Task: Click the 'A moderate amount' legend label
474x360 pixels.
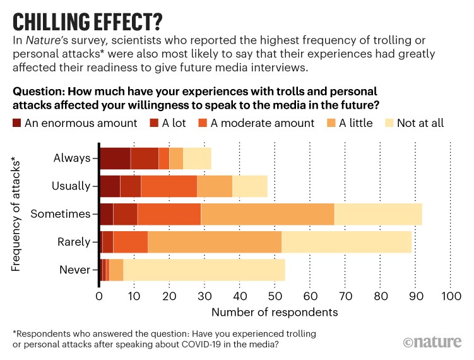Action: [x=265, y=123]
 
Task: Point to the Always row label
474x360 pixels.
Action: [x=72, y=158]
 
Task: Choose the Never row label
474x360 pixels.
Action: [x=74, y=270]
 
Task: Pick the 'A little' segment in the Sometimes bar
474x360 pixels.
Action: [x=267, y=214]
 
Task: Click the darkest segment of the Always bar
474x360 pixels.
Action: [x=115, y=158]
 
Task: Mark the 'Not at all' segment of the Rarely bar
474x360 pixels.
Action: [x=346, y=242]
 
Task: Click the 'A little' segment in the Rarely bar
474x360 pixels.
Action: [x=214, y=242]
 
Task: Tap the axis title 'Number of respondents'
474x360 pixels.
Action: [x=275, y=312]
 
